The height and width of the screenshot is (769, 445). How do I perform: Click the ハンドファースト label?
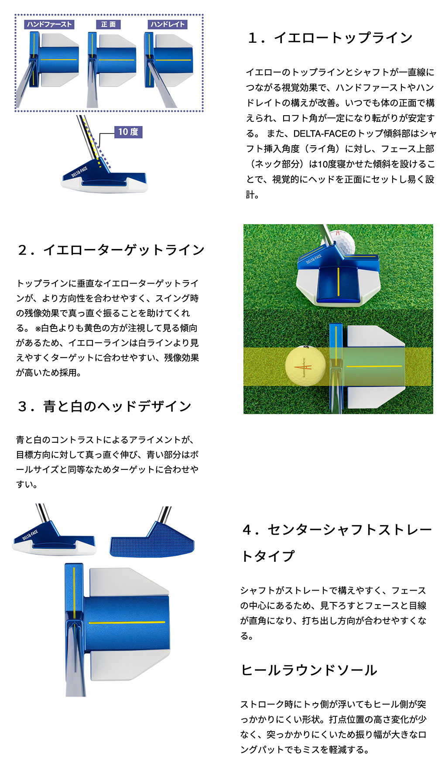pos(49,24)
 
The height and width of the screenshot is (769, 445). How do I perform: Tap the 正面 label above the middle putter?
pos(108,24)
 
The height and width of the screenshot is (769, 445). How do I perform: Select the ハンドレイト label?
pos(168,24)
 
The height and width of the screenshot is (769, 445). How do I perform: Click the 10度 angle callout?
pos(128,132)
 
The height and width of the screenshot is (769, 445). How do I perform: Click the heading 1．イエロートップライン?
pos(330,38)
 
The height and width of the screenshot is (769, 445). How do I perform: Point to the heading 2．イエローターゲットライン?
pos(111,250)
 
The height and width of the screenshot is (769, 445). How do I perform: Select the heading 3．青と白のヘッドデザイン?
pos(104,406)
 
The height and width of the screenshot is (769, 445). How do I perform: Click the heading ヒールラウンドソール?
pos(309,670)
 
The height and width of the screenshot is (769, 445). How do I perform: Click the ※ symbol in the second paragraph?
pos(38,328)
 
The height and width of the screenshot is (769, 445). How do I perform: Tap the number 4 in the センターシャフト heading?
pos(247,530)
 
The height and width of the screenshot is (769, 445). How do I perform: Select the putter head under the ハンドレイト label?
pos(169,60)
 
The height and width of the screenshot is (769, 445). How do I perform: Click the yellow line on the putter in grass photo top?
pos(338,280)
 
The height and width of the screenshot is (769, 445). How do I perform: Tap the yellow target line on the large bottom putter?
pos(127,622)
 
